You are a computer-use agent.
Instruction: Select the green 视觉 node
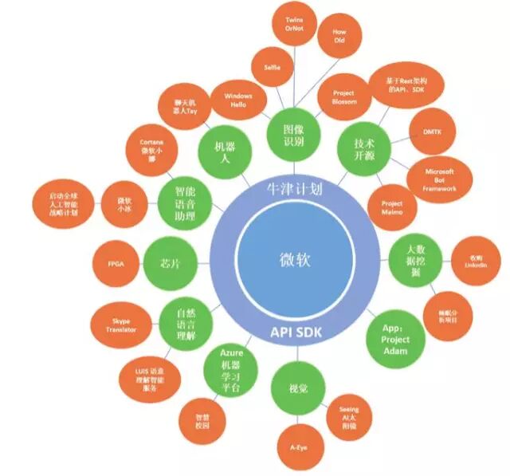click(x=293, y=388)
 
